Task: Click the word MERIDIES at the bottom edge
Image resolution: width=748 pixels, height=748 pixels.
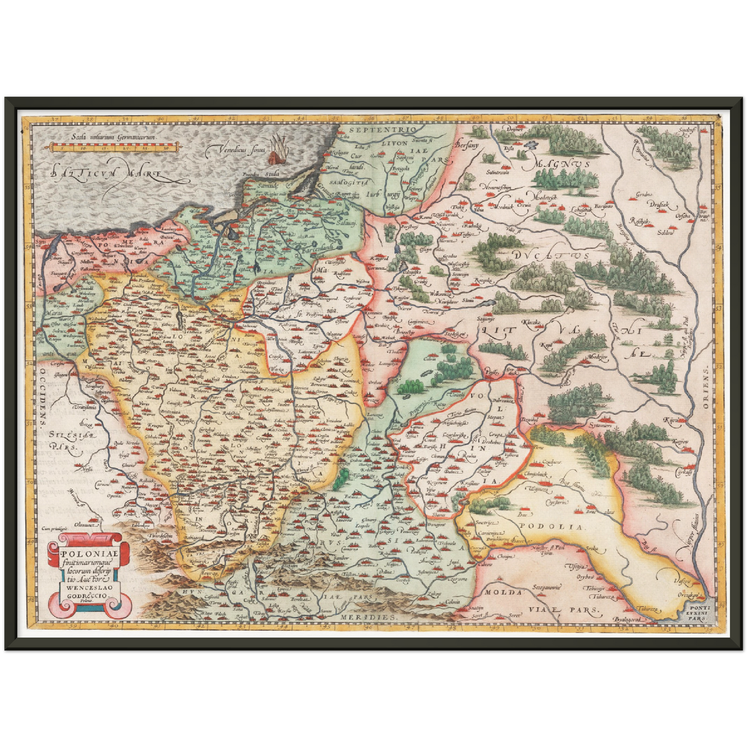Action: [x=368, y=617]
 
